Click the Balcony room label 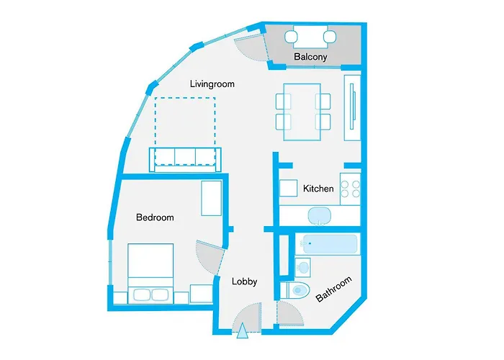tap(311, 57)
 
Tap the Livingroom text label tap(212, 84)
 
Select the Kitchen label tap(318, 189)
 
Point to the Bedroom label tap(155, 217)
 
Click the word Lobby tap(244, 282)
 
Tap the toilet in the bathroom tap(297, 290)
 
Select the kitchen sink tap(318, 215)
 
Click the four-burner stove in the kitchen tap(350, 189)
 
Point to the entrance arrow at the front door tap(242, 331)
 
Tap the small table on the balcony tap(311, 35)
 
